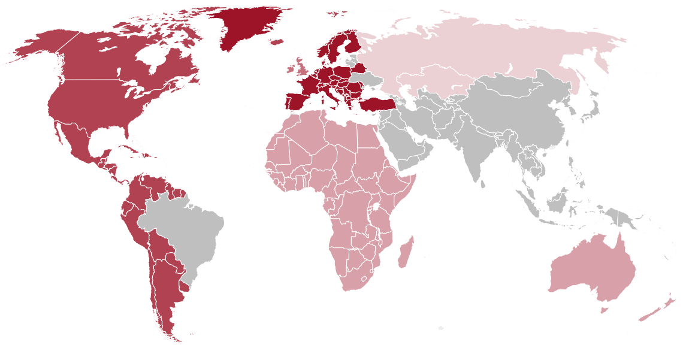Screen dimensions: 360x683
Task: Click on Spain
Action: point(297,101)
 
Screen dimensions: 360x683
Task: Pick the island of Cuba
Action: point(129,149)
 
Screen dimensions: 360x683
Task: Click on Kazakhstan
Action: point(431,84)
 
